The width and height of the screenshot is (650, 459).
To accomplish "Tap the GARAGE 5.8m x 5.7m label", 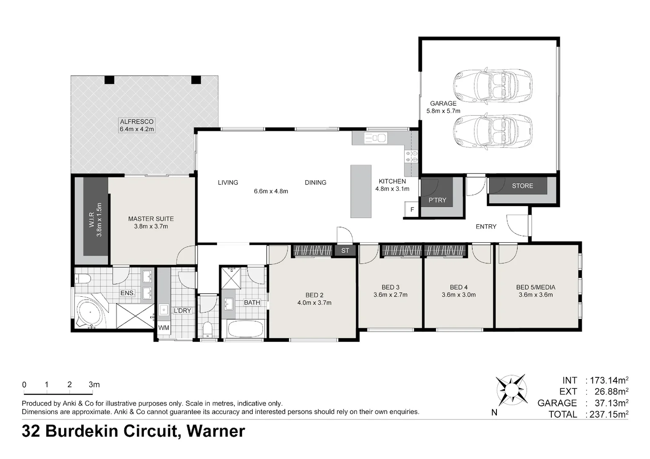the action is pyautogui.click(x=443, y=107).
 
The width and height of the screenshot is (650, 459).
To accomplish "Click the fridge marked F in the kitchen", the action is pyautogui.click(x=412, y=209).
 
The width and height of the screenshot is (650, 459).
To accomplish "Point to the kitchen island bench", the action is pyautogui.click(x=361, y=191).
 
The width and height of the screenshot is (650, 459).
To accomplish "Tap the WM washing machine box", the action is pyautogui.click(x=164, y=328).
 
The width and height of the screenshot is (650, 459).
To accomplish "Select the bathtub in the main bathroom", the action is pyautogui.click(x=245, y=329).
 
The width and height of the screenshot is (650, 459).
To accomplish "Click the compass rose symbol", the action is pyautogui.click(x=512, y=390).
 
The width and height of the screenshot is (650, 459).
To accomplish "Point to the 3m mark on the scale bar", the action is pyautogui.click(x=93, y=394).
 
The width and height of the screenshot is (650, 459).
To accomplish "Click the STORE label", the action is pyautogui.click(x=522, y=186).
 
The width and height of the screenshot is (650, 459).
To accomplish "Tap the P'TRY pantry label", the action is pyautogui.click(x=437, y=200).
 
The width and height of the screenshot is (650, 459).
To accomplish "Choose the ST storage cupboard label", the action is pyautogui.click(x=345, y=250).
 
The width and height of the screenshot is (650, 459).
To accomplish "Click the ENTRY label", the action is pyautogui.click(x=486, y=227).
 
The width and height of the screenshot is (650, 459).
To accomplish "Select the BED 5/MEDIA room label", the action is pyautogui.click(x=536, y=287).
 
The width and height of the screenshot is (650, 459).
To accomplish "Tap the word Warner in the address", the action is pyautogui.click(x=216, y=431).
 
